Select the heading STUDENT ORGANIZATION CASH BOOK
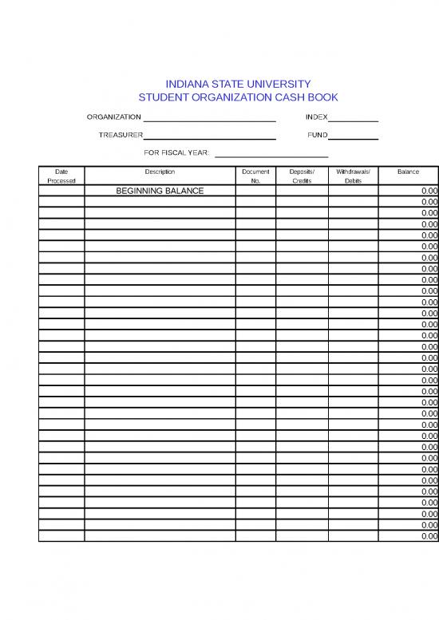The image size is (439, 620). click(x=238, y=97)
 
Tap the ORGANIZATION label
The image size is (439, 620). click(x=113, y=118)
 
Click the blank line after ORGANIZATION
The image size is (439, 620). click(x=209, y=119)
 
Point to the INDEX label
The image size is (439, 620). click(x=316, y=118)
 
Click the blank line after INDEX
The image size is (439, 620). click(x=353, y=119)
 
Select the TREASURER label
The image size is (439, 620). click(x=121, y=135)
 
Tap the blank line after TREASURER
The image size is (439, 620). click(x=209, y=136)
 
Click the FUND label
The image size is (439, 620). click(x=318, y=135)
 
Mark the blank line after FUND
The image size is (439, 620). click(x=353, y=136)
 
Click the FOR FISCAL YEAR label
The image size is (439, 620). click(x=176, y=152)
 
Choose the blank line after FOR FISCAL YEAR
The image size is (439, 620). click(x=271, y=154)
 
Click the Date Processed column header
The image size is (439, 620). click(x=61, y=176)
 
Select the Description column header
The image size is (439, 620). click(x=160, y=172)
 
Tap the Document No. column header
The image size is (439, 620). click(x=255, y=176)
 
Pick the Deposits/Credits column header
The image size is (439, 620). click(x=302, y=176)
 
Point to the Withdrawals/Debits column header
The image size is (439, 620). click(x=354, y=176)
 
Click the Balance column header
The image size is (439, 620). click(x=408, y=172)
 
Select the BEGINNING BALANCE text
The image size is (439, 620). click(x=160, y=192)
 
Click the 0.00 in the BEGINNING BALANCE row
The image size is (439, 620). click(x=429, y=192)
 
